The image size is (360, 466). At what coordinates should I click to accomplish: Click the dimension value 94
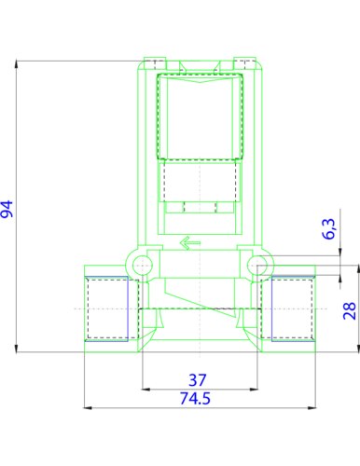[7, 209]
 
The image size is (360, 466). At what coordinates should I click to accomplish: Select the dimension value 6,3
[329, 229]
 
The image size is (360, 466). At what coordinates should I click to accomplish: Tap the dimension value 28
[350, 310]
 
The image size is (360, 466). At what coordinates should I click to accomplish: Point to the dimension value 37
[198, 380]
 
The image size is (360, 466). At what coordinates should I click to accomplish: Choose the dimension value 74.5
[196, 398]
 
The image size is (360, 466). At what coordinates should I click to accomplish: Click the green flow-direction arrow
[190, 243]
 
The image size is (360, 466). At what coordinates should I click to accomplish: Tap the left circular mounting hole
[143, 266]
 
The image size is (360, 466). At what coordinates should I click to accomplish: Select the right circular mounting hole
[257, 266]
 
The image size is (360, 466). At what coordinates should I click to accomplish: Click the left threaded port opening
[106, 308]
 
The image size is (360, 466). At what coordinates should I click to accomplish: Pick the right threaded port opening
[293, 308]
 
